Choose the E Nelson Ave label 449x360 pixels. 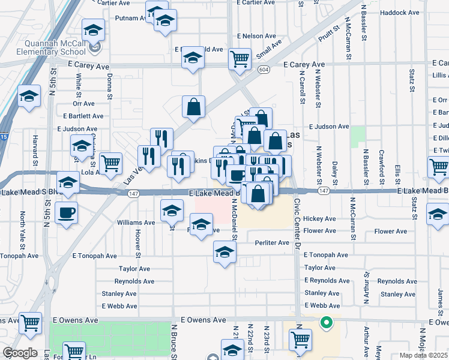click(x=256, y=36)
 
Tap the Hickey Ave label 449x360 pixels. click(x=320, y=219)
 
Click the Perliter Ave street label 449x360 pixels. click(x=271, y=243)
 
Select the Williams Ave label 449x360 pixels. click(x=136, y=223)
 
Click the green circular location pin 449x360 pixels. click(x=327, y=323)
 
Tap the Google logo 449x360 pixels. click(x=19, y=353)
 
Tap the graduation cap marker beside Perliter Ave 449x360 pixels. click(x=224, y=251)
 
